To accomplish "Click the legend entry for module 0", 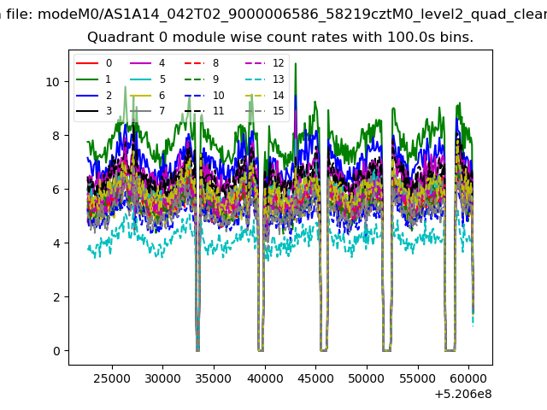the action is (94, 63).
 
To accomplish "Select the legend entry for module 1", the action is (94, 79).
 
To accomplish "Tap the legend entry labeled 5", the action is (148, 79).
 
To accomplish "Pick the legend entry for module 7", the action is (147, 111).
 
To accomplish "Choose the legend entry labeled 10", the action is (204, 95).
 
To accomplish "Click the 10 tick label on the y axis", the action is (53, 82).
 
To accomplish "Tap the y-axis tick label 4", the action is (56, 243).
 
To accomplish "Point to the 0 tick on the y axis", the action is (56, 351).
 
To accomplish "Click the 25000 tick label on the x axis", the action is (112, 378).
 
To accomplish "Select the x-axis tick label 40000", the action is (265, 378).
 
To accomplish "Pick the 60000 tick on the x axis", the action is (468, 378).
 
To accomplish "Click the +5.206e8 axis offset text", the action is (463, 395).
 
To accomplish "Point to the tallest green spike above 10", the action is (296, 64).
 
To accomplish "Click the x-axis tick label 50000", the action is (367, 378).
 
